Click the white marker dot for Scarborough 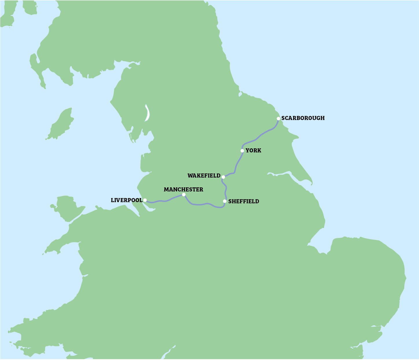coord(278,119)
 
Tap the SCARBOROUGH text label coord(303,118)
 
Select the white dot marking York coord(242,151)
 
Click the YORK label coord(253,151)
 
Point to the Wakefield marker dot coord(223,177)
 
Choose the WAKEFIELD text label coord(204,176)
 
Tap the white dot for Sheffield coord(225,201)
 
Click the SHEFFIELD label coord(244,202)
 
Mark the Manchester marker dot coord(183,195)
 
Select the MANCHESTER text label coord(183,190)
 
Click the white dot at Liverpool coord(145,200)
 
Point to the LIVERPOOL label coord(127,200)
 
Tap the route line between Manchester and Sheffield coord(203,204)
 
